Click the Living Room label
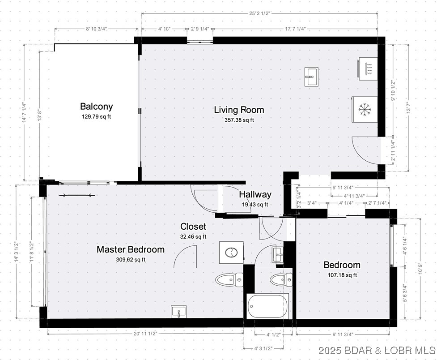[239, 110]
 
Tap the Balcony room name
[96, 107]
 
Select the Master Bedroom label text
[131, 249]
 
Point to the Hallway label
[255, 194]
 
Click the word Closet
[193, 227]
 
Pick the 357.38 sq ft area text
[239, 120]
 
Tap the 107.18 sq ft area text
[342, 275]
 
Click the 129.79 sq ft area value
[96, 116]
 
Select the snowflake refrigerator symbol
[366, 108]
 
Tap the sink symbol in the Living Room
[311, 77]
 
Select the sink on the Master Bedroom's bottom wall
[179, 312]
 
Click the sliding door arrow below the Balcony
[79, 195]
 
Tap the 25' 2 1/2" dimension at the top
[259, 13]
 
